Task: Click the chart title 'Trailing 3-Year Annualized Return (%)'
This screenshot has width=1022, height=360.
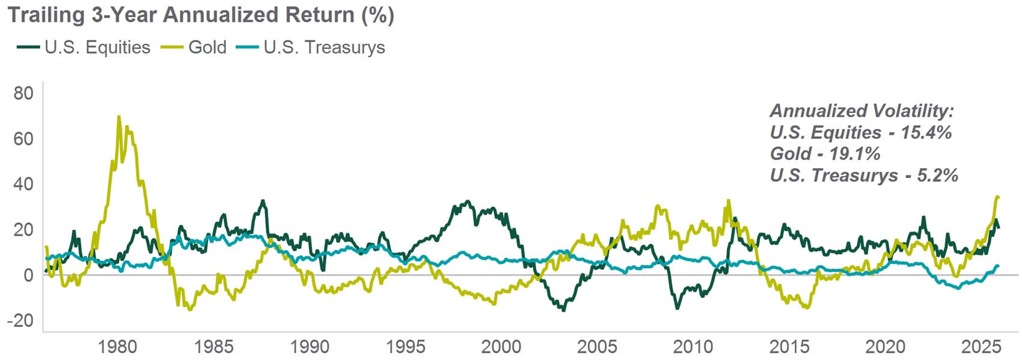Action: [201, 14]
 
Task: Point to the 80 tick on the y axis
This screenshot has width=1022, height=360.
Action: [24, 93]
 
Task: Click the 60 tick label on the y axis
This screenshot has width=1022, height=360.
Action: [24, 139]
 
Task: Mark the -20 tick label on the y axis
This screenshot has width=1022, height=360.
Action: [21, 320]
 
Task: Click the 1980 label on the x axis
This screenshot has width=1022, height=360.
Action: [118, 347]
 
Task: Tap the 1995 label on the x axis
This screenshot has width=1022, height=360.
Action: [406, 347]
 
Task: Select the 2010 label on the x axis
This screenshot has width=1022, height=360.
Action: [693, 347]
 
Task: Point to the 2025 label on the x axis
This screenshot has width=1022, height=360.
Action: [981, 347]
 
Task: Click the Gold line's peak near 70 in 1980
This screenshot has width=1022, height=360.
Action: [118, 117]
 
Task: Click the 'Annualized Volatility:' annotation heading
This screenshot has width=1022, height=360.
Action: [862, 111]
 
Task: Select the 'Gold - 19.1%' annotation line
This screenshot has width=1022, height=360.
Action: [825, 154]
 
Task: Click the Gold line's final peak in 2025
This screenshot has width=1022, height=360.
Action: [997, 197]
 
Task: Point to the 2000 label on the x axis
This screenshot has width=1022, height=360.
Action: [501, 347]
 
